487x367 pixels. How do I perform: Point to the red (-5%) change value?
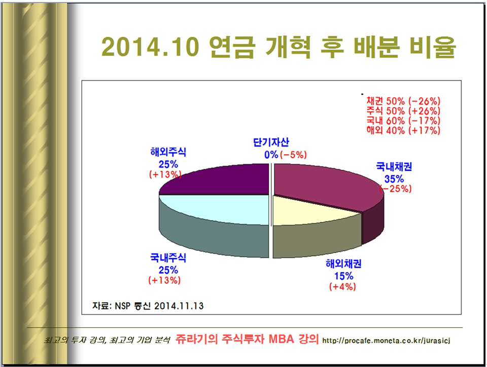coord(294,154)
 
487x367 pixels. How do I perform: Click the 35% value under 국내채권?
coord(394,178)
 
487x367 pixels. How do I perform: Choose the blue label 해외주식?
coord(168,152)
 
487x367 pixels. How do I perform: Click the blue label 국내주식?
coord(168,258)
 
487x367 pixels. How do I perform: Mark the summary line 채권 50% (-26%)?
coord(403,100)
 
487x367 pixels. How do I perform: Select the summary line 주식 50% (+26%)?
coord(403,111)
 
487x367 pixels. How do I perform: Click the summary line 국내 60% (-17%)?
coord(403,121)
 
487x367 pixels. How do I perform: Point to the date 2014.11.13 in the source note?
coord(179,306)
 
